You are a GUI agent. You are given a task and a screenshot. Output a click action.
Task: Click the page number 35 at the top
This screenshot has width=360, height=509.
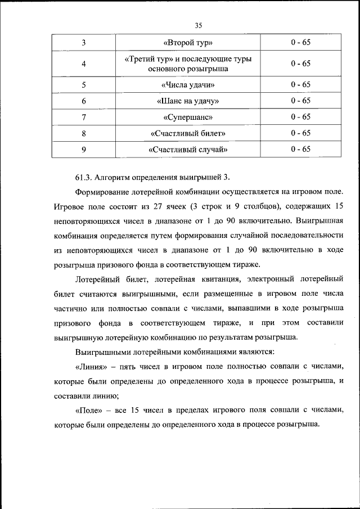198,25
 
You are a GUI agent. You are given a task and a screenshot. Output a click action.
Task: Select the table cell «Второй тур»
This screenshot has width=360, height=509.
188,43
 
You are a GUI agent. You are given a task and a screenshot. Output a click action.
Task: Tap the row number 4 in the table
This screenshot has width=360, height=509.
83,64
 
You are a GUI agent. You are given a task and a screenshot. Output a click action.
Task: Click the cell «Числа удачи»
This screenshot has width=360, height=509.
188,85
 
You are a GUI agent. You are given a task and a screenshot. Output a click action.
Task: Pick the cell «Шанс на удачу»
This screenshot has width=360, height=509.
188,101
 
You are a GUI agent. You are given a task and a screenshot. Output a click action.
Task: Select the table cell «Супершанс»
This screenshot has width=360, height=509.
188,118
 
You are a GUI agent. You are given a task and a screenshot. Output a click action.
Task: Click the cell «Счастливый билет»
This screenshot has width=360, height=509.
188,133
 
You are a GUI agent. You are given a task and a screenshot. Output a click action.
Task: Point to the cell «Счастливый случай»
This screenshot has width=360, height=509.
188,150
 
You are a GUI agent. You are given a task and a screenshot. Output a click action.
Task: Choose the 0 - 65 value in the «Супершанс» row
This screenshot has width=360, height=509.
300,118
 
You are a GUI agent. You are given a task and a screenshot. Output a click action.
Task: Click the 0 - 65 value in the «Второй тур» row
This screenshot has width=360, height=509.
300,43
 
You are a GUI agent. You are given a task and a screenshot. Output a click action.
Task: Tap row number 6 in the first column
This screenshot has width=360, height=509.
83,101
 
